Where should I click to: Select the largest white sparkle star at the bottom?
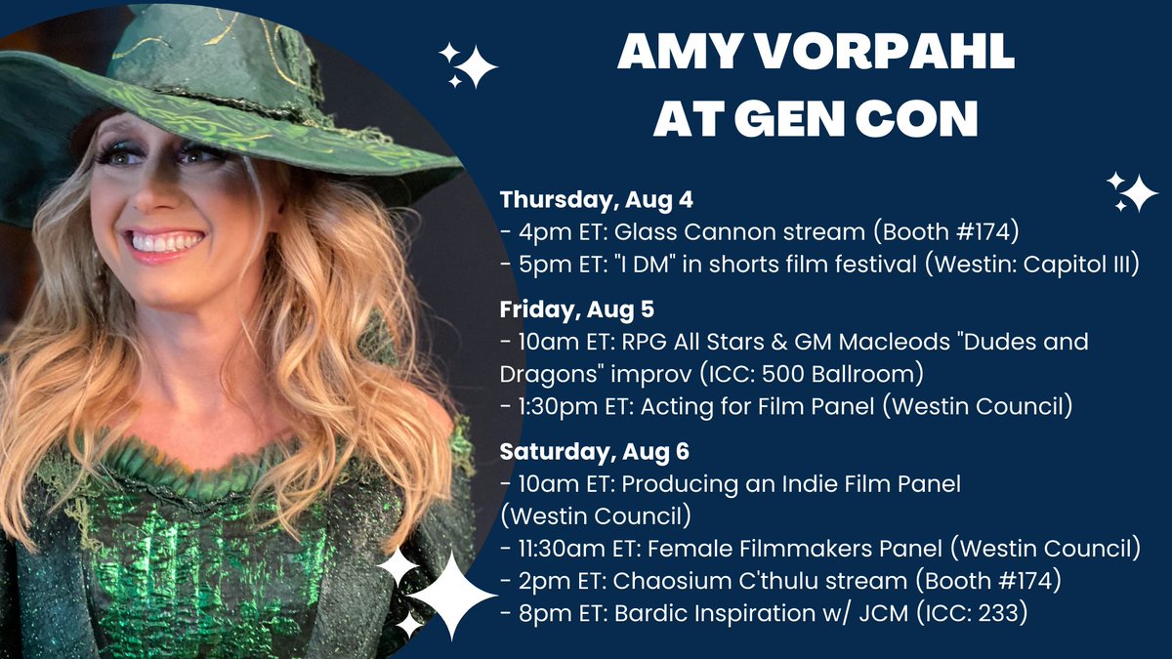(450, 595)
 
